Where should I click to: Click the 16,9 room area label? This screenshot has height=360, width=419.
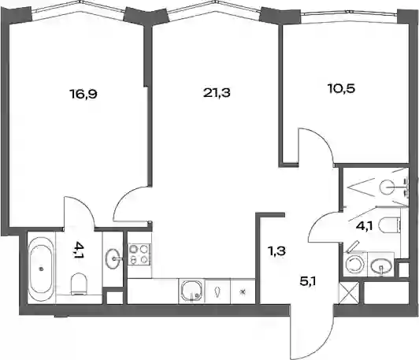click(x=83, y=94)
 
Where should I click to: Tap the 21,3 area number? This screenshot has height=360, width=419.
click(x=217, y=93)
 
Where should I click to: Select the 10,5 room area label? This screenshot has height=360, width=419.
click(x=341, y=88)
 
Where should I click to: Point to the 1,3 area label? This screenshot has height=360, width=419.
click(x=276, y=251)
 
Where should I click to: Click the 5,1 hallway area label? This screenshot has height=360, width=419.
click(x=308, y=281)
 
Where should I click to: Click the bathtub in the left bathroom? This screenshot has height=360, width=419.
click(x=41, y=269)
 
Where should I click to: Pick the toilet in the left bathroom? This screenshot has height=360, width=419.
click(x=80, y=284)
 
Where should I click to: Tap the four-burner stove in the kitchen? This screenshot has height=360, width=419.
click(x=139, y=254)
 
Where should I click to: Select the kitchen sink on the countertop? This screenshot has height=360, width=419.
click(x=191, y=291)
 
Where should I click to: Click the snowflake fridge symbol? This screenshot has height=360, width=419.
click(x=243, y=291)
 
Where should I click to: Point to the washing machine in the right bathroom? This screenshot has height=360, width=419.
click(x=355, y=264)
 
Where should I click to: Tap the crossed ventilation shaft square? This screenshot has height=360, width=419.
click(x=349, y=293)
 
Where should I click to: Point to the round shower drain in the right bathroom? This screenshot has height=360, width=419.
click(x=387, y=187)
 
